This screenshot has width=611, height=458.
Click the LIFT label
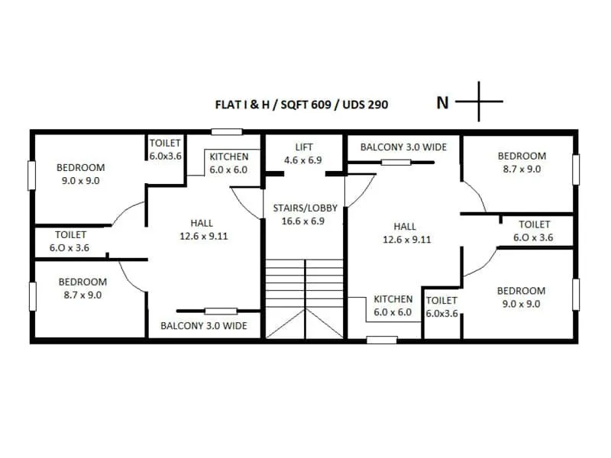(303, 147)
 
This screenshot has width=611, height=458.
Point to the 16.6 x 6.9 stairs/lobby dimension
(303, 220)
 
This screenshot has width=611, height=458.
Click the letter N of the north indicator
(442, 102)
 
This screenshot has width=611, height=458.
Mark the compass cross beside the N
(480, 101)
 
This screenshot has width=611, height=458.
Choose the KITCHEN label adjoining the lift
(228, 156)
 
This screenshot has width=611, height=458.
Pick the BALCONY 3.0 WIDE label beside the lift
(403, 147)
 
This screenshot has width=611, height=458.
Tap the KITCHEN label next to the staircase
(393, 299)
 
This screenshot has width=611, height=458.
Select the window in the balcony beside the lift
(396, 162)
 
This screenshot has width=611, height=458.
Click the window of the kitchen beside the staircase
(382, 339)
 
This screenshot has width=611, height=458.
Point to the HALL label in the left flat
(202, 223)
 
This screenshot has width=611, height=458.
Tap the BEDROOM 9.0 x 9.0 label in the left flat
(80, 174)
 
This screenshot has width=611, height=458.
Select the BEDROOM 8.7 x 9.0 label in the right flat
(521, 163)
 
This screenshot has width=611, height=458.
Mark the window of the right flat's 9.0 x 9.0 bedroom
(576, 295)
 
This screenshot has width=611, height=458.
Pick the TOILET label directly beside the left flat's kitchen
(165, 143)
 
